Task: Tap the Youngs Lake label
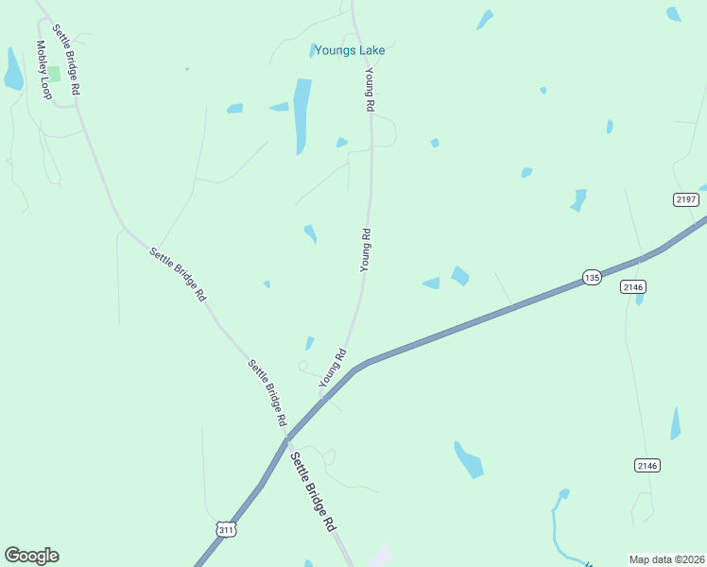coord(350,51)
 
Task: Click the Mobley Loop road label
coord(43,70)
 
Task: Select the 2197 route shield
coord(686,198)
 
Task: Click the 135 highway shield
coord(592,277)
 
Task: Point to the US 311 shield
coord(225,530)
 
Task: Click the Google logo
coord(31,556)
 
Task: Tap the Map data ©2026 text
coord(667,559)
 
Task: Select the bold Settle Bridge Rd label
coord(313,490)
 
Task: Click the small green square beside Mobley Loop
coord(54,73)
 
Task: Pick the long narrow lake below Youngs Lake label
coord(302,115)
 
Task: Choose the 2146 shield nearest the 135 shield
coord(632,286)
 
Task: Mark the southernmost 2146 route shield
coord(647,465)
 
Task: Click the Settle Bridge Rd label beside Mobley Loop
coord(66,59)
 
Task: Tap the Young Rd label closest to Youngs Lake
coord(371,91)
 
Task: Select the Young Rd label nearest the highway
coord(333,368)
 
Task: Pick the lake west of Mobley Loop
coord(13,71)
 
